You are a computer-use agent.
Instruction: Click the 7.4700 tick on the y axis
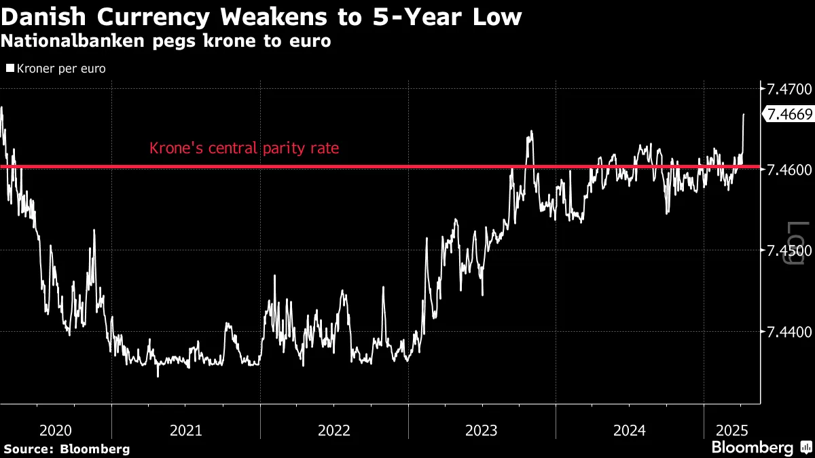[x=789, y=89]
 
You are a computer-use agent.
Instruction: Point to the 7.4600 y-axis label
[x=789, y=170]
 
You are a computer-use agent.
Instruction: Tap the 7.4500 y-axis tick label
[x=789, y=251]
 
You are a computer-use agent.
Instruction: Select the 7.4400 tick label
[x=789, y=332]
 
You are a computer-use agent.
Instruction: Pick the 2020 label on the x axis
[x=56, y=430]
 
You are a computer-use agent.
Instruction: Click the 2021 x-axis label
[x=185, y=430]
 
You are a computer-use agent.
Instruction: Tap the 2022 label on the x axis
[x=333, y=430]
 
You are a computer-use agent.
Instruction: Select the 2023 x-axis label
[x=482, y=430]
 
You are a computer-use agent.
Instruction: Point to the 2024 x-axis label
[x=630, y=430]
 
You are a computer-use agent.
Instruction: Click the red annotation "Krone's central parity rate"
[x=244, y=148]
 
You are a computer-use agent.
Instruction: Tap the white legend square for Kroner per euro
[x=10, y=69]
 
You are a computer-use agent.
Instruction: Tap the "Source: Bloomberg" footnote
[x=67, y=449]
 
